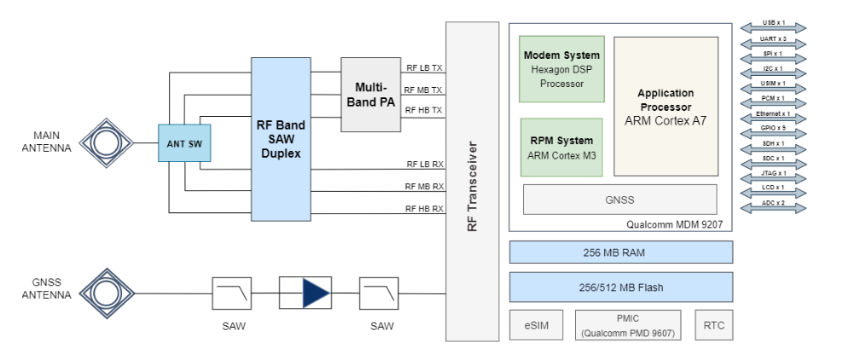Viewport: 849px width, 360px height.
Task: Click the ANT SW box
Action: pos(183,142)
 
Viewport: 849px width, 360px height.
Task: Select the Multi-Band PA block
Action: pos(370,95)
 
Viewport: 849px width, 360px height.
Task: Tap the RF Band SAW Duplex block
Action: pos(281,138)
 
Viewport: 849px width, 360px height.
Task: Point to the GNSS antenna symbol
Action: pos(107,293)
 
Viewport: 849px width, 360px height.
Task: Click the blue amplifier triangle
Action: pos(313,293)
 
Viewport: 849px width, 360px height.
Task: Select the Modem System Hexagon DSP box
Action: pos(561,69)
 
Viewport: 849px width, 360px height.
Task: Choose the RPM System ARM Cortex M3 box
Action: pos(561,147)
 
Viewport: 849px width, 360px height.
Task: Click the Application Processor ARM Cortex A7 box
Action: pos(666,106)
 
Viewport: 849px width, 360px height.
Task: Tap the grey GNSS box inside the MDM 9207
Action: pos(621,199)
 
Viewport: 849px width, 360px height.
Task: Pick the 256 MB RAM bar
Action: pos(621,252)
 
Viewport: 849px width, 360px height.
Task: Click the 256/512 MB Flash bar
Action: pos(621,287)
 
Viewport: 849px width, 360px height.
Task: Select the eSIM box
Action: pos(536,325)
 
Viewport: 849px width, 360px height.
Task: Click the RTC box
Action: pos(713,325)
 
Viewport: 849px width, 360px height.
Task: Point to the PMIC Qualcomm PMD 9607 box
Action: pos(627,325)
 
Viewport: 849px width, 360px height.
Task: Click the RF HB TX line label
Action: pos(423,111)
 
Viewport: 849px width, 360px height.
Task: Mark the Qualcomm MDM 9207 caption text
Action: pos(679,224)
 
